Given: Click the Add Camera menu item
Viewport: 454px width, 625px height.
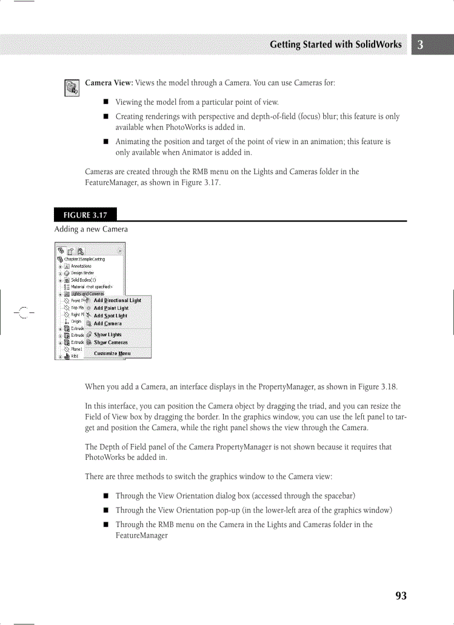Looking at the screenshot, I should point(107,323).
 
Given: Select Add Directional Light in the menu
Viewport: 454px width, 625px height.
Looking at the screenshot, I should point(117,301).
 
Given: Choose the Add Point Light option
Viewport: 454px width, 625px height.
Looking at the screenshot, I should point(111,308).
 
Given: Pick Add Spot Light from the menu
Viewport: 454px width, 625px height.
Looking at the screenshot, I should point(110,316).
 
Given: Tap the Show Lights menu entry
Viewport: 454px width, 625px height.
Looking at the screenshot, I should point(107,335).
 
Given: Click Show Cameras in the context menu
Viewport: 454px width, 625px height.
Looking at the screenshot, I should point(111,343).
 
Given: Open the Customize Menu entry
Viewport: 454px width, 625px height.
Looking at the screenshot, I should point(112,353).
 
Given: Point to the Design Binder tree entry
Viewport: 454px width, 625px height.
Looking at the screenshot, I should point(82,273).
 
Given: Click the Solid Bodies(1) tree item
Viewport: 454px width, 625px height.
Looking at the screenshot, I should point(83,280).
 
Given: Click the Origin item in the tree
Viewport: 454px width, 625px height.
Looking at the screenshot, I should point(76,321).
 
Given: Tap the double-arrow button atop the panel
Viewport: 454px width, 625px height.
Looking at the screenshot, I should point(119,251).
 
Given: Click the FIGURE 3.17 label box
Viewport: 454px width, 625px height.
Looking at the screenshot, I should point(85,215).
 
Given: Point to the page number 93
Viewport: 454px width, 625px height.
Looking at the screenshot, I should point(401,596).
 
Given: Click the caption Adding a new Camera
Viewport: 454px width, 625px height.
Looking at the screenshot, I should point(91,229).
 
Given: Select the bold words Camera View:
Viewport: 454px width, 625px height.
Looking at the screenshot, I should point(108,83).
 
